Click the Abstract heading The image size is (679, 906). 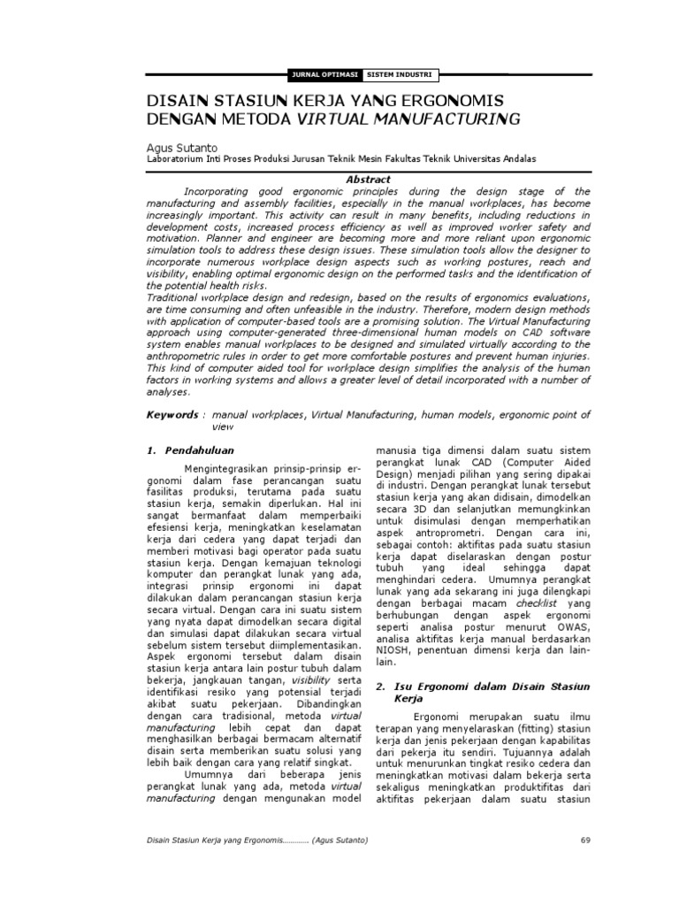[368, 180]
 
